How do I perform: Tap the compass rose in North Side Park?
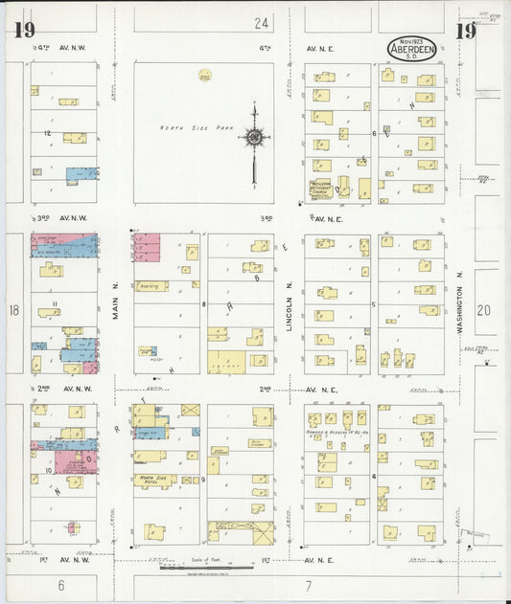(x=254, y=139)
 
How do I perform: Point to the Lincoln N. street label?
(x=288, y=308)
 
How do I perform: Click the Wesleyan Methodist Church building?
(x=321, y=189)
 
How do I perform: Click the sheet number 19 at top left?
(x=25, y=30)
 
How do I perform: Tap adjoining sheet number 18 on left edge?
(x=13, y=310)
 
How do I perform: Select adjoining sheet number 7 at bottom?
(x=309, y=584)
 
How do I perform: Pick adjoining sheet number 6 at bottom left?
(x=59, y=584)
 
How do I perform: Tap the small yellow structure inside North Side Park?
(x=204, y=74)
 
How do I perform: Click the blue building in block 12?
(x=81, y=174)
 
